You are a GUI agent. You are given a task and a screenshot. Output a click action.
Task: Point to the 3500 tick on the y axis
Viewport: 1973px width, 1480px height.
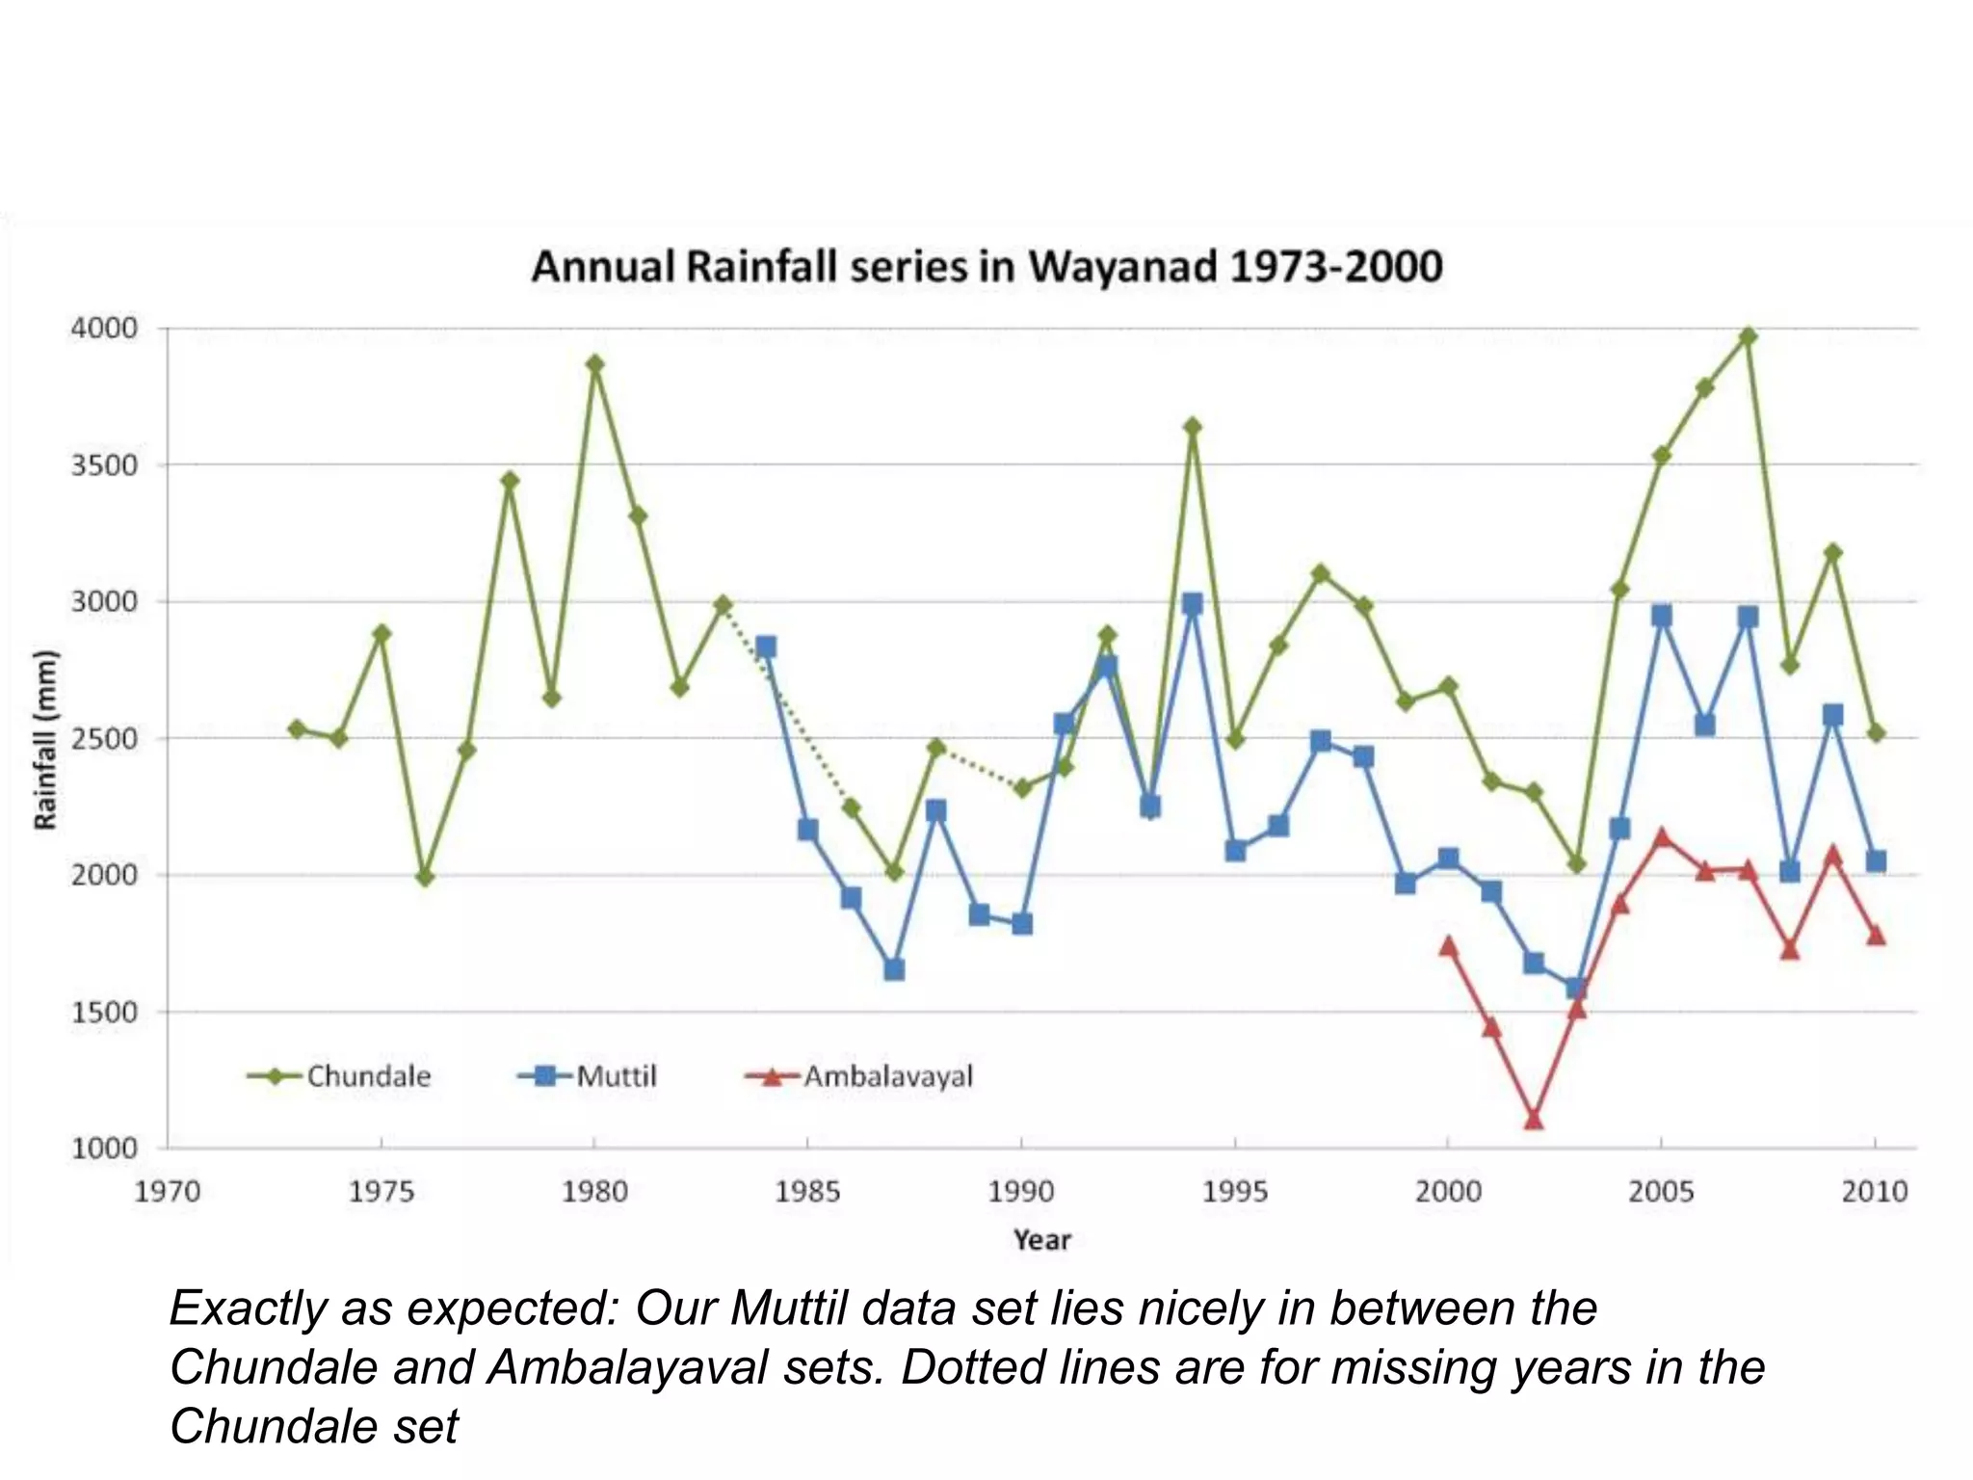pyautogui.click(x=104, y=465)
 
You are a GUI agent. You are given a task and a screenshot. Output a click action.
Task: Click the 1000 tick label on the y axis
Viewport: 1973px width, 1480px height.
pyautogui.click(x=104, y=1149)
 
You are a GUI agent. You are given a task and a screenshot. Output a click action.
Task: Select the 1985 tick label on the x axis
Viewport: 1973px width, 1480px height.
pyautogui.click(x=807, y=1192)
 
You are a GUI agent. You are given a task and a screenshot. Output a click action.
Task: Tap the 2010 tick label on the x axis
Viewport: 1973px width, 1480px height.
pyautogui.click(x=1874, y=1192)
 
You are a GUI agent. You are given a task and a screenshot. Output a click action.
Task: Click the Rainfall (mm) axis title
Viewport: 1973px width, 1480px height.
pyautogui.click(x=45, y=739)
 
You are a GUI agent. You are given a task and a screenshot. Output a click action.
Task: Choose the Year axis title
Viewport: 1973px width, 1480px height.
pyautogui.click(x=1041, y=1240)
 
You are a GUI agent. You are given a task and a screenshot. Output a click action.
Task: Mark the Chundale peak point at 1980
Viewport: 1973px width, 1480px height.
pyautogui.click(x=594, y=364)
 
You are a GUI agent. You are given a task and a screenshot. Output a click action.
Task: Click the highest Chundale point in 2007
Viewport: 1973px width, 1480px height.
pyautogui.click(x=1748, y=336)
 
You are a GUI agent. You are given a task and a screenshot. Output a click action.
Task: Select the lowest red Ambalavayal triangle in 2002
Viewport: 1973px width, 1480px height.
pyautogui.click(x=1534, y=1120)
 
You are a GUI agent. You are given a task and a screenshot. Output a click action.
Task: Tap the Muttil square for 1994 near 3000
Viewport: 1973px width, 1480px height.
pyautogui.click(x=1192, y=604)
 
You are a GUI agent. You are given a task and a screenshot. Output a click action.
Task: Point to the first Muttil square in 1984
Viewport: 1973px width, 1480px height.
pyautogui.click(x=766, y=647)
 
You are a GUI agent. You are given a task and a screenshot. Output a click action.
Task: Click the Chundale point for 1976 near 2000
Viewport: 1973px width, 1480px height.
pyautogui.click(x=425, y=877)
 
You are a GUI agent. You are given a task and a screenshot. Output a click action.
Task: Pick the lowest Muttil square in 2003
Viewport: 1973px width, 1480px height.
pyautogui.click(x=1576, y=988)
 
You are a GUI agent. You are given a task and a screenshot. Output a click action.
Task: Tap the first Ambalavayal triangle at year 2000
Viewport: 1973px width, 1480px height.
pyautogui.click(x=1448, y=946)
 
